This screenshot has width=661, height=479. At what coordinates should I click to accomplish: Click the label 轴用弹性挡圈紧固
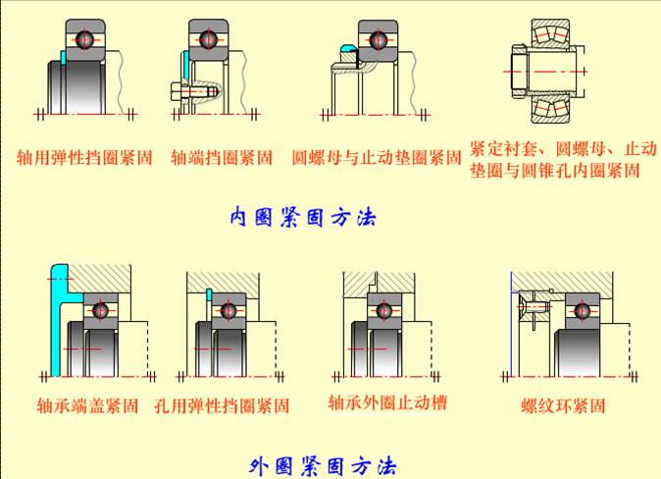click(x=85, y=156)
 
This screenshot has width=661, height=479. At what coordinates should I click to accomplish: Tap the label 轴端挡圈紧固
click(x=222, y=156)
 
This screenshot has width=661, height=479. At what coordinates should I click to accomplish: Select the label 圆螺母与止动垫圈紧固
click(x=377, y=156)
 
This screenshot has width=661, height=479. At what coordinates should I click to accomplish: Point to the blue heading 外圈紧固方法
click(x=323, y=464)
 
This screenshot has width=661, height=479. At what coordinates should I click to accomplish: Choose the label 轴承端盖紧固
click(x=87, y=405)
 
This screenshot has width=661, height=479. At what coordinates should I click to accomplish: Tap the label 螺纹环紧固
click(x=563, y=405)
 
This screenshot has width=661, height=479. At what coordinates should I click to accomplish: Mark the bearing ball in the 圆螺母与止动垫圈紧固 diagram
click(x=377, y=40)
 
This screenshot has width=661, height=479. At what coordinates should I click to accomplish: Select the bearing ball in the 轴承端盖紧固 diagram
click(x=98, y=310)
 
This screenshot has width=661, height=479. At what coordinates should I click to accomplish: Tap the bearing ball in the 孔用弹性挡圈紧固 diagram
click(x=229, y=311)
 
